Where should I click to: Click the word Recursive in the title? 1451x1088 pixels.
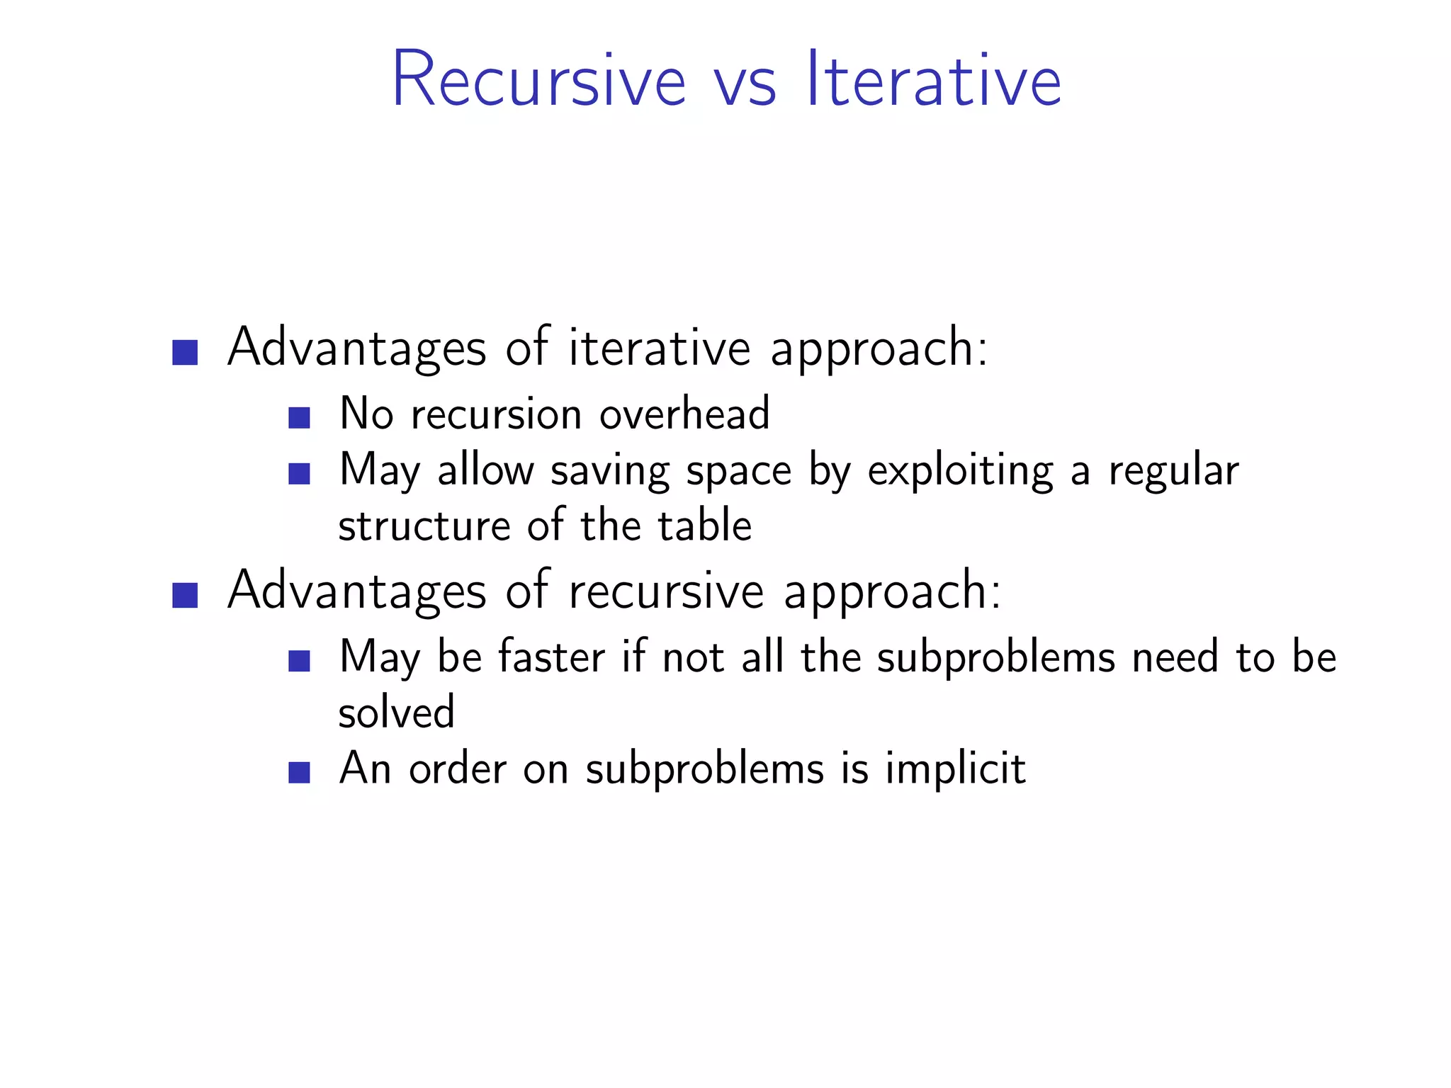click(538, 79)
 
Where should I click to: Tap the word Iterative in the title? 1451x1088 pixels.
click(934, 79)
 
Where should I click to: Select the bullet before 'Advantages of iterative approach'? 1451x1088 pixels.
click(185, 352)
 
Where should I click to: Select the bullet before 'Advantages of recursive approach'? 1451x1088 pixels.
click(185, 595)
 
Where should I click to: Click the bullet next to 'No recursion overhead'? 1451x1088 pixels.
click(300, 417)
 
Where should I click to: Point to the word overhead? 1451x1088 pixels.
click(684, 414)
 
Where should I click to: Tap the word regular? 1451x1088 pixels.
click(1173, 472)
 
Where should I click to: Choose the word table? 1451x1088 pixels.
click(704, 526)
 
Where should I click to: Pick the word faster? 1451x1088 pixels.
click(551, 657)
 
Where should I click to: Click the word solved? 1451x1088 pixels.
click(396, 713)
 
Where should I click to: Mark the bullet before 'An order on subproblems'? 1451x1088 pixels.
click(300, 772)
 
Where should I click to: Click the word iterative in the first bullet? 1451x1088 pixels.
click(659, 348)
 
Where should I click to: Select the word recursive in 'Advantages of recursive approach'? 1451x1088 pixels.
click(666, 591)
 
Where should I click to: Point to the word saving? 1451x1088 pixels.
click(610, 472)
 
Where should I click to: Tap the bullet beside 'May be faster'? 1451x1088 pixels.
click(300, 661)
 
